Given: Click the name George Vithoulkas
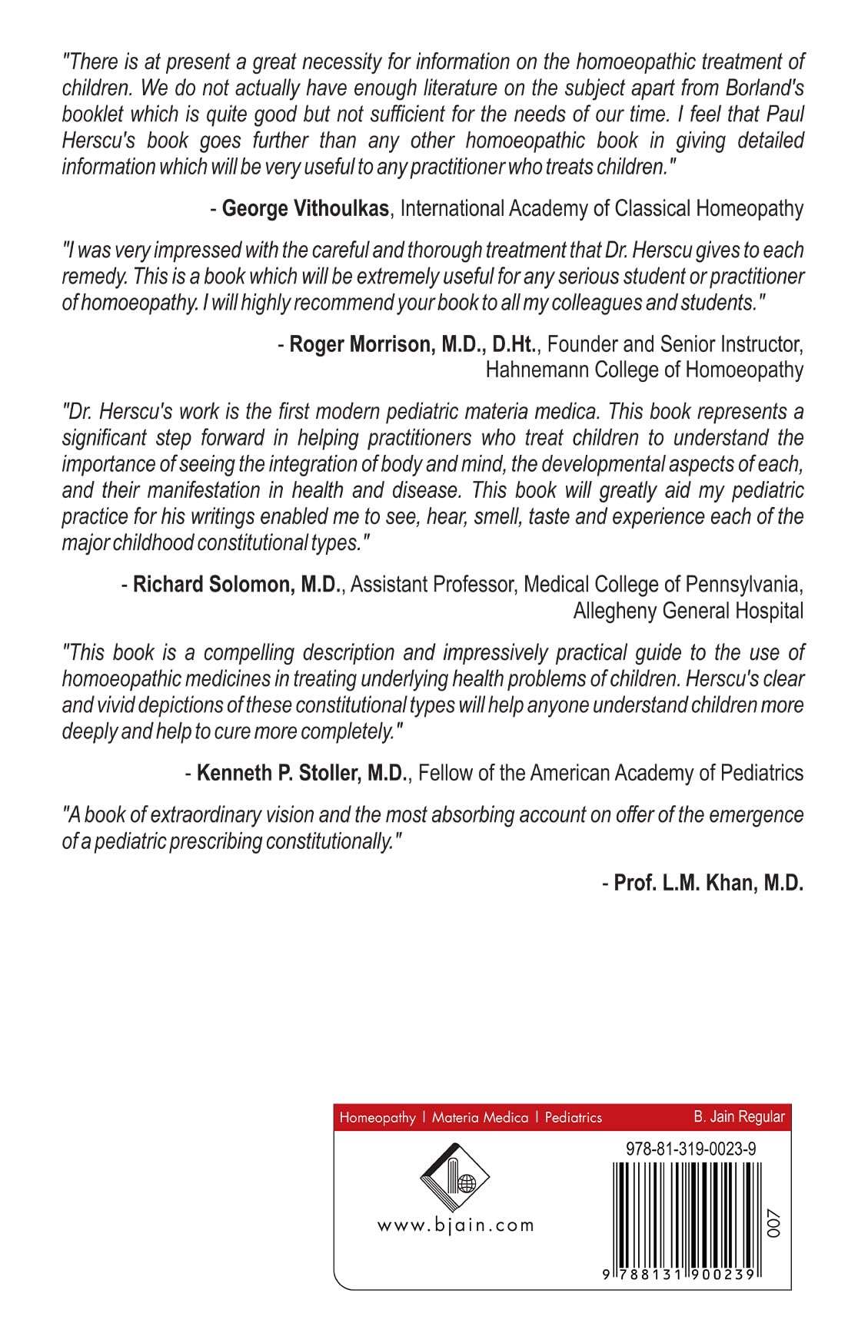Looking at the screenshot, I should (304, 208).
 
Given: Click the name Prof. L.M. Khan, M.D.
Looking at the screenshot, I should (708, 883).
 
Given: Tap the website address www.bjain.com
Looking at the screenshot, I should (455, 1225).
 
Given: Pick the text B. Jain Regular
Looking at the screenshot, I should (739, 1116).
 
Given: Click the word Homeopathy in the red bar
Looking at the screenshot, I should (377, 1118).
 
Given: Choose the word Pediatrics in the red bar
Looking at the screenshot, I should (573, 1118).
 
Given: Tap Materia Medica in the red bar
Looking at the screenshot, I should (480, 1118).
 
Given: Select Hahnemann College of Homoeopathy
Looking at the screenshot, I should (644, 370).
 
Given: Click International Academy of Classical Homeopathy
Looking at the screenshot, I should (602, 208).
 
